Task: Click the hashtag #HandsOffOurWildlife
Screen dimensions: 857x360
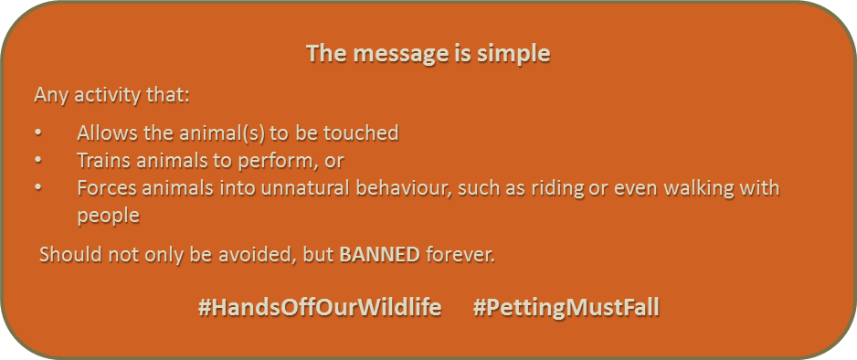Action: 320,308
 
